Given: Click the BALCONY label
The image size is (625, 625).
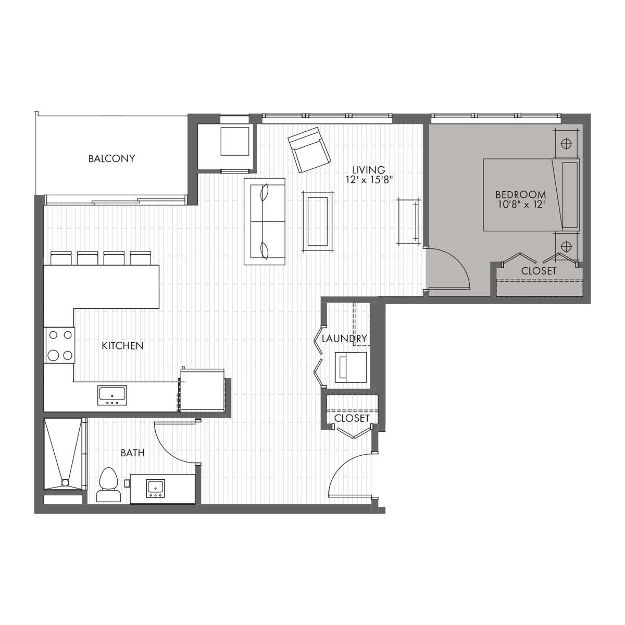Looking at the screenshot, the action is [x=111, y=159].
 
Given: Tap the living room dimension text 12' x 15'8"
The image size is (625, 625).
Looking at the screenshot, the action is [x=369, y=180].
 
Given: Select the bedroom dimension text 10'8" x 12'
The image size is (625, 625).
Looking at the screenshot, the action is [x=520, y=205].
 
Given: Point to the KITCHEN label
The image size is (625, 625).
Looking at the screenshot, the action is [x=122, y=346].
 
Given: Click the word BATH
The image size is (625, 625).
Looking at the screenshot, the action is [x=133, y=453].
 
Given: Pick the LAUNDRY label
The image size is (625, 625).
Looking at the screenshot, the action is [x=344, y=339].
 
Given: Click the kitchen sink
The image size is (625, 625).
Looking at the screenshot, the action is [x=112, y=395].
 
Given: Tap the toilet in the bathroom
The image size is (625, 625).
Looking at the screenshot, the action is [x=108, y=485].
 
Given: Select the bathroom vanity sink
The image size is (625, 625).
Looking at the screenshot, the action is [x=156, y=489].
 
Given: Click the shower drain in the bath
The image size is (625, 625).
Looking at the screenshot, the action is [x=65, y=483].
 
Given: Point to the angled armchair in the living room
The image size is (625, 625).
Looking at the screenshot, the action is [x=309, y=149].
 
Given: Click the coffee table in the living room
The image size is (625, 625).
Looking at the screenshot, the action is [x=318, y=221].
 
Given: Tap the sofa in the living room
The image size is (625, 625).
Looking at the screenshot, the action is [x=265, y=221].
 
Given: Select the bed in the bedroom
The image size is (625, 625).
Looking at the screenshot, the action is [x=531, y=195].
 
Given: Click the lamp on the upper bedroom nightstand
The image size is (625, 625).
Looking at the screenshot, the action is [x=566, y=143].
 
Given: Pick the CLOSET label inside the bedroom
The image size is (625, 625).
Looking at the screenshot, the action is [x=539, y=271].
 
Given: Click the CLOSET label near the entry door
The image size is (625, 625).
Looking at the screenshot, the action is [x=352, y=418].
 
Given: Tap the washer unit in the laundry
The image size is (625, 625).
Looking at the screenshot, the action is [x=351, y=367].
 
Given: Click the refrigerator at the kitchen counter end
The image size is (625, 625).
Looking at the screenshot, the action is [x=203, y=390].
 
